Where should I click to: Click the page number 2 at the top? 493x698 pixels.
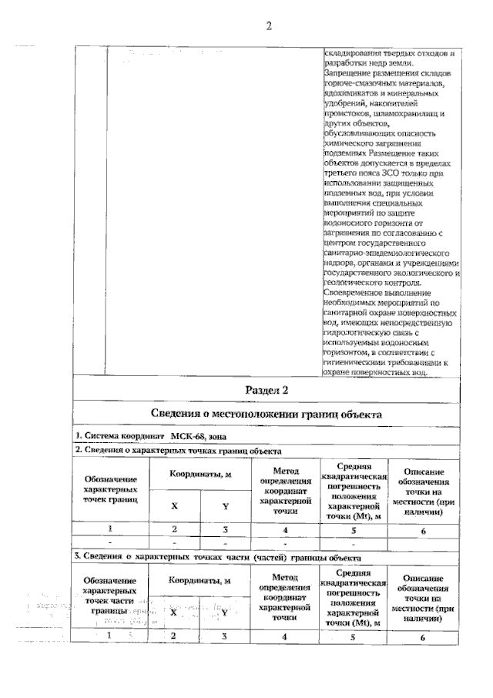(x=269, y=27)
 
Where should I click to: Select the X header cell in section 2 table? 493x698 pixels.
(x=174, y=506)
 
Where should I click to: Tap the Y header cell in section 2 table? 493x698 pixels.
(x=225, y=506)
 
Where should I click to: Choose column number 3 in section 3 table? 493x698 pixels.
(x=225, y=636)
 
